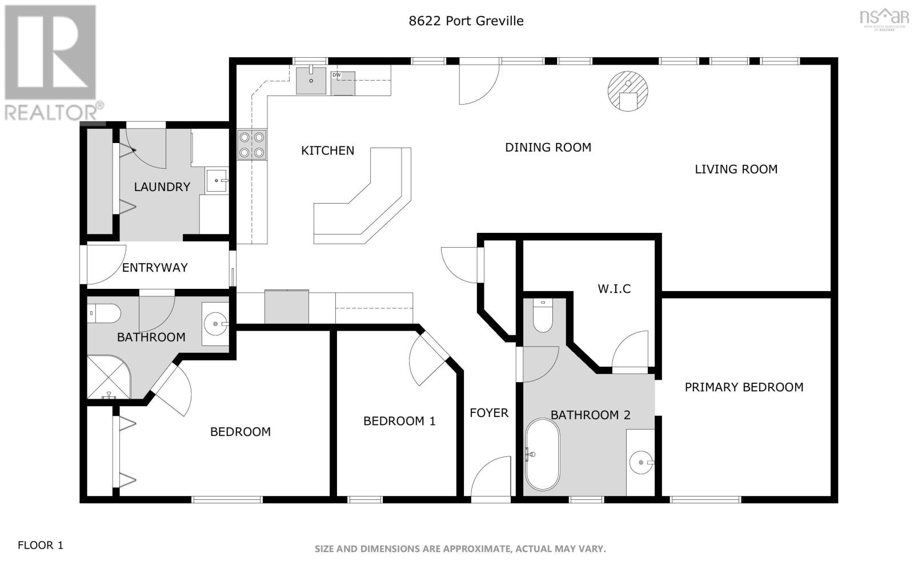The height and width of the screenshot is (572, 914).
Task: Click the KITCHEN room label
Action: pos(327,150)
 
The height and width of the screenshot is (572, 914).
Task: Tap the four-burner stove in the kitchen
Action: pos(252,145)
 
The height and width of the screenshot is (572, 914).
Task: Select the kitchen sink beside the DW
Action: pos(311,81)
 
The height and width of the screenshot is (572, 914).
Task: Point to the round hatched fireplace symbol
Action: pos(628,91)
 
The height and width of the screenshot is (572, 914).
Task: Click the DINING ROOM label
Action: pos(548,148)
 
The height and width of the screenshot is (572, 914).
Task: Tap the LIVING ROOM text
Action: pos(736,169)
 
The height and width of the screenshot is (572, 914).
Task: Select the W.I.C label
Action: pos(614,289)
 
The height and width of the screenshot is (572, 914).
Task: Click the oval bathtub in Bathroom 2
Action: pos(542,455)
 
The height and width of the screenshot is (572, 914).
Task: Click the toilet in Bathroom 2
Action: pos(542,316)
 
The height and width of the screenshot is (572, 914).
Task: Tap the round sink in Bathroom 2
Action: pos(642,462)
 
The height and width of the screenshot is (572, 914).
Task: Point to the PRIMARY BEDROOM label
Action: pos(744,387)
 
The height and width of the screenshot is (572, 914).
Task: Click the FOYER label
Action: pos(489,413)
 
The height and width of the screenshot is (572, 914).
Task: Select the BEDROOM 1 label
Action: pos(399,422)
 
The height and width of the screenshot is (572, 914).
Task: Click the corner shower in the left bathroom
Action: pos(107,378)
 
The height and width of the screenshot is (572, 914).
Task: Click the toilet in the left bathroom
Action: pos(105,313)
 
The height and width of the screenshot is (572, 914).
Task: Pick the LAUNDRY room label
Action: pos(162,187)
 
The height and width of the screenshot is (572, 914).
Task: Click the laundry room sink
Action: pos(217,181)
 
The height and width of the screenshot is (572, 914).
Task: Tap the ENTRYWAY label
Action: pos(155,268)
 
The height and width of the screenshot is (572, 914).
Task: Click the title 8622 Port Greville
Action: pos(466,21)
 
